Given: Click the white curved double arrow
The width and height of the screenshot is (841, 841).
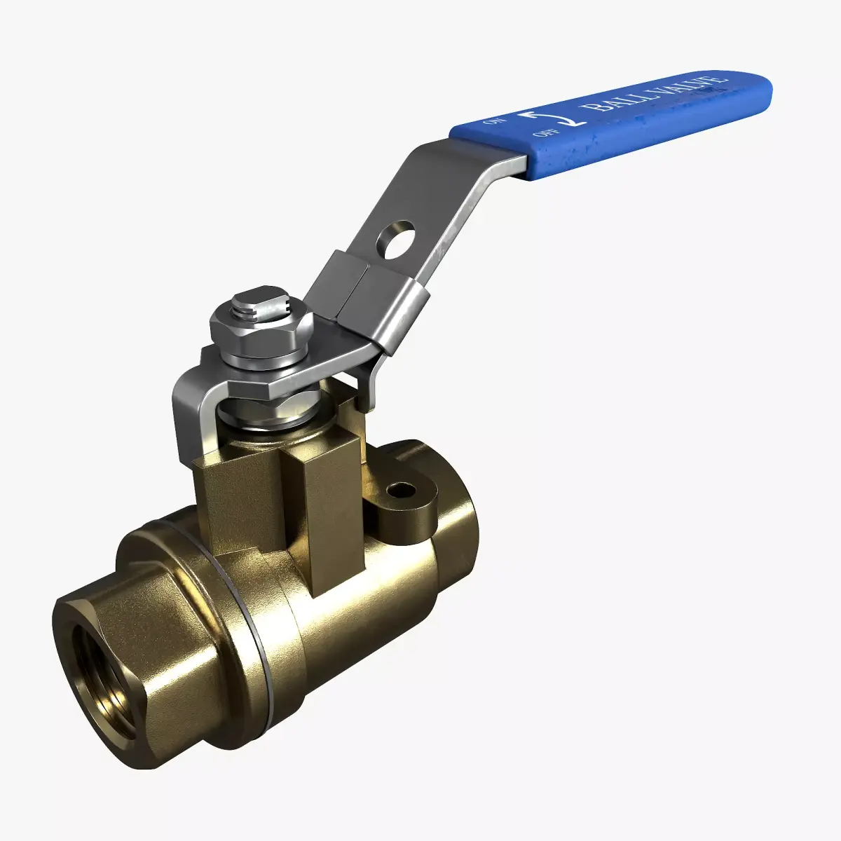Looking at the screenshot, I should [x=549, y=116].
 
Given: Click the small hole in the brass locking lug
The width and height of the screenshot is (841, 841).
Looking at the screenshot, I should [x=400, y=491].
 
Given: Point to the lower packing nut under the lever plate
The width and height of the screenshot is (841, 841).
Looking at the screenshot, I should [x=270, y=413].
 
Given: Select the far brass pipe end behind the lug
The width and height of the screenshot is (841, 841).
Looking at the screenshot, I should [x=456, y=505].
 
